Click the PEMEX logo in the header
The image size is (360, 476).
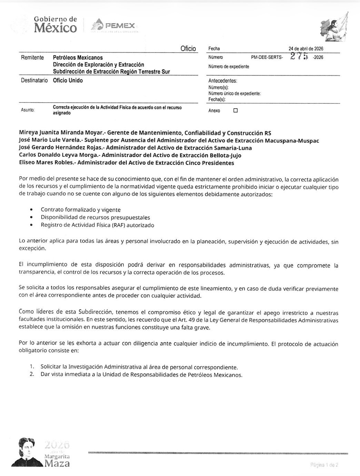(114, 26)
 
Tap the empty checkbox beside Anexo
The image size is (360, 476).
(236, 111)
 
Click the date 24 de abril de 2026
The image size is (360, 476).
(306, 49)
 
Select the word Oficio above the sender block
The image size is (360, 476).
(188, 49)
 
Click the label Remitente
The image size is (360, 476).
(32, 58)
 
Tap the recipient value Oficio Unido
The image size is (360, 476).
(68, 80)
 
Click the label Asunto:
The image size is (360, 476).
(28, 110)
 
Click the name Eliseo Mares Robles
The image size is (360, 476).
(46, 163)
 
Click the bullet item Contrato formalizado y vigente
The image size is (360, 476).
(81, 210)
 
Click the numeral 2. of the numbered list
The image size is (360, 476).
(32, 375)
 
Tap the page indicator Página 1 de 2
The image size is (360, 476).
(324, 465)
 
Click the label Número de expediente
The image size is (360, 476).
(229, 67)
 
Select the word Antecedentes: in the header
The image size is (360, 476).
(223, 81)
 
